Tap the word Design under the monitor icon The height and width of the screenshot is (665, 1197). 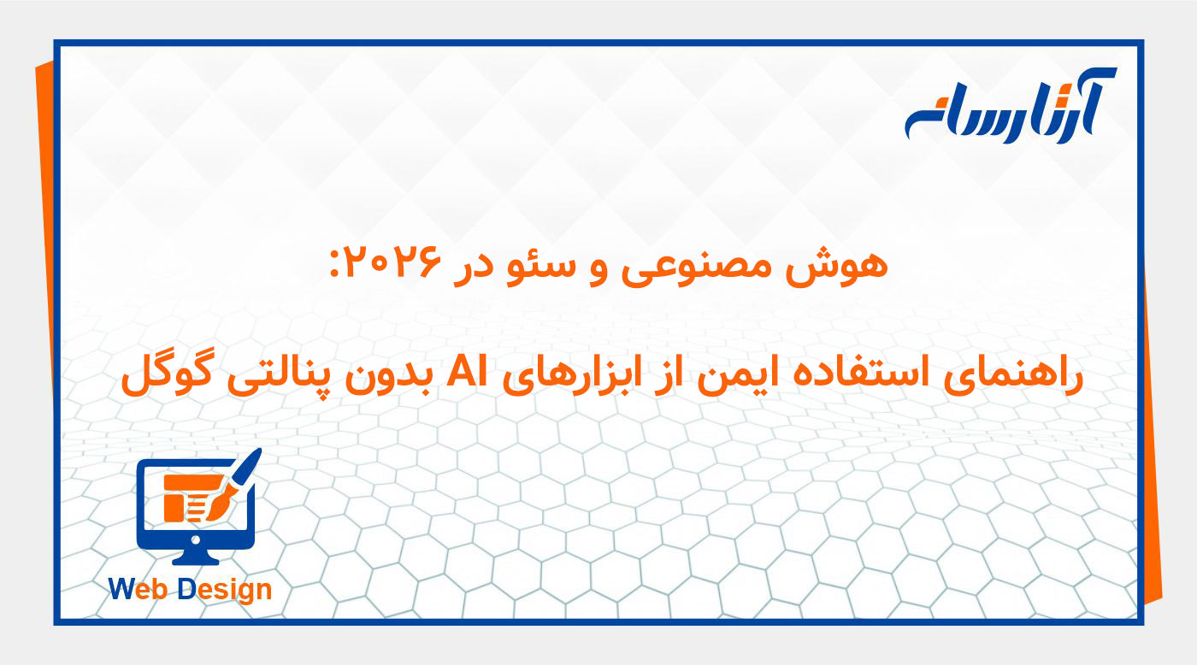(x=225, y=589)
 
